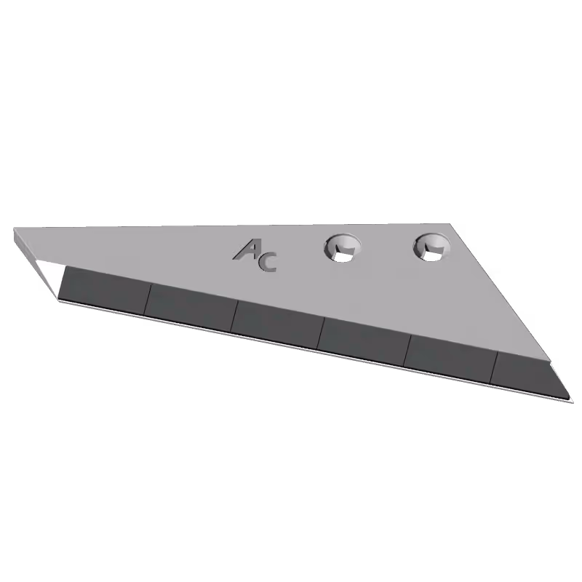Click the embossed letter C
(268, 262)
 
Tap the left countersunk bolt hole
(343, 248)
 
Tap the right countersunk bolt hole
(431, 247)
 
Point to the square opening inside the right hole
(431, 254)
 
